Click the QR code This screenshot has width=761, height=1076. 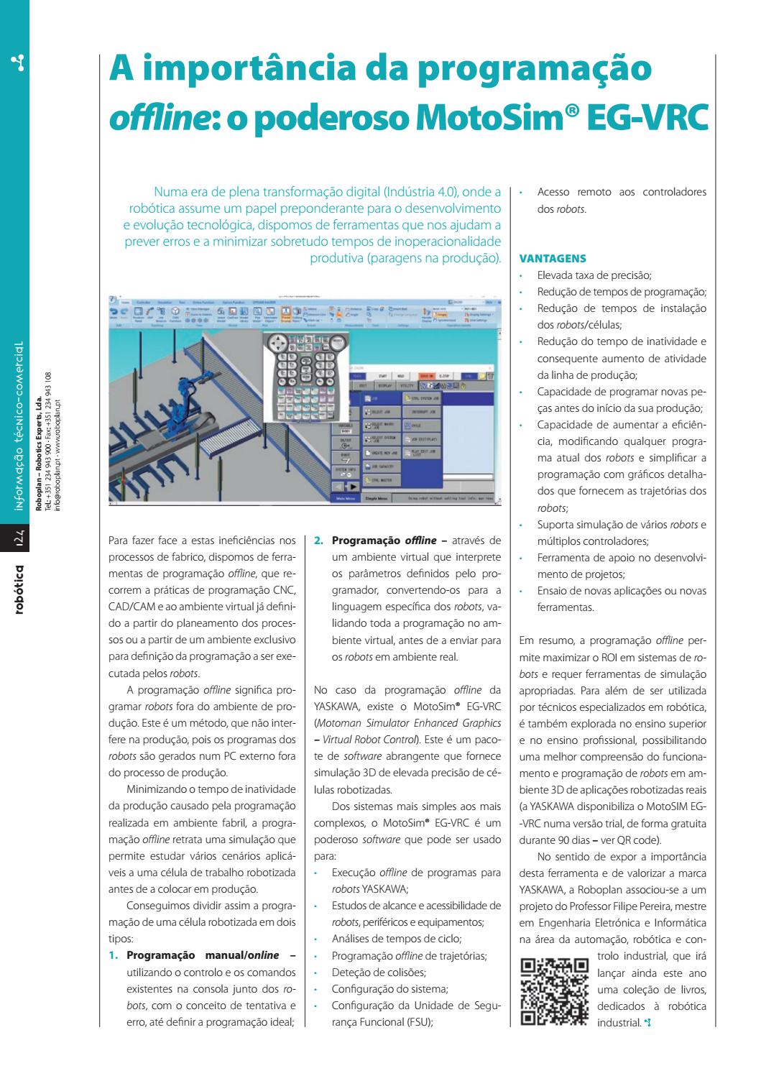tap(553, 992)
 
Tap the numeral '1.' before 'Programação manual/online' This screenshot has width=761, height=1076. tap(113, 955)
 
